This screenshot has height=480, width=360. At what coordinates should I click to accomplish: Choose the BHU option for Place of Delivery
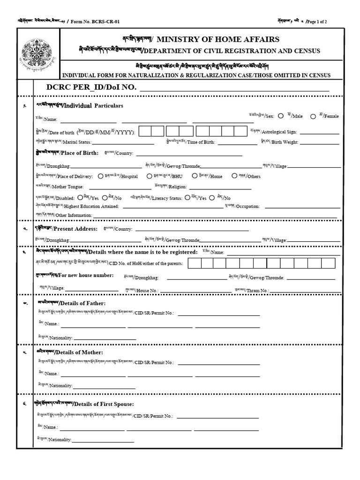coord(149,176)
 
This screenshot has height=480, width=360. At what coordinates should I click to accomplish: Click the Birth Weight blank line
coord(319,143)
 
